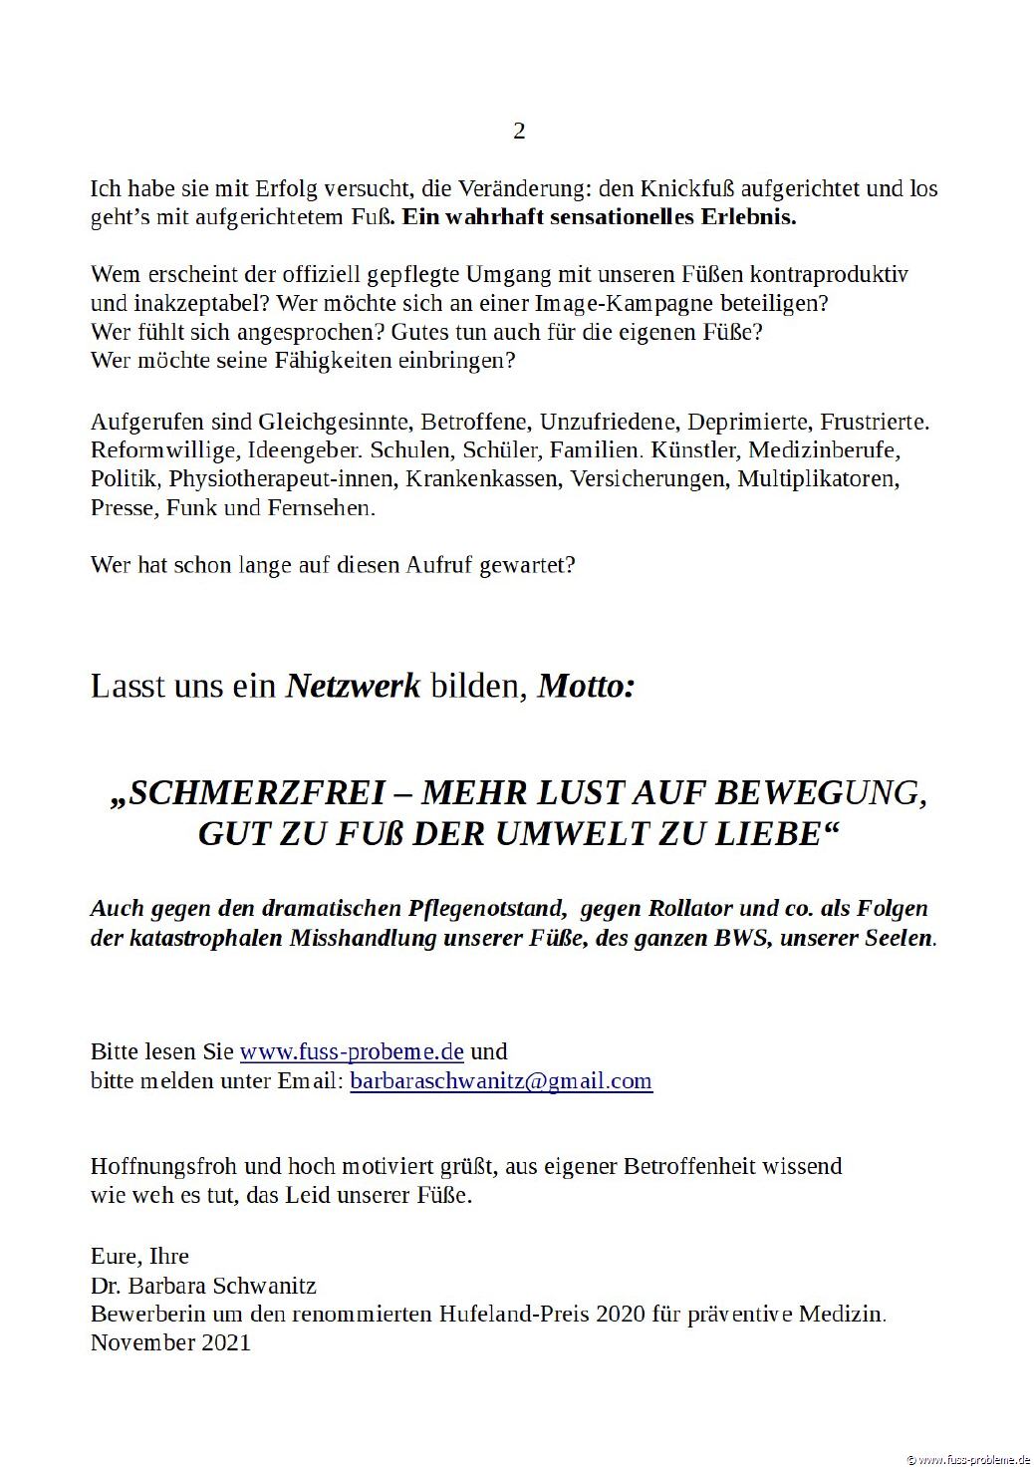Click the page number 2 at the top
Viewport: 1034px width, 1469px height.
click(x=518, y=132)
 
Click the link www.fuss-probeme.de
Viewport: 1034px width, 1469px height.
click(x=353, y=1051)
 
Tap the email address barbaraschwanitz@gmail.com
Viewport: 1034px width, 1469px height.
click(x=501, y=1081)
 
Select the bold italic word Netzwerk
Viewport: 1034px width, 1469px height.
click(x=354, y=686)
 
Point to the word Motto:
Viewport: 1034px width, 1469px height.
click(x=586, y=686)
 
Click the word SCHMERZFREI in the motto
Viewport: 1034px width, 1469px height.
click(x=257, y=793)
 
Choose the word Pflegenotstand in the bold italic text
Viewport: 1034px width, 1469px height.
click(x=487, y=909)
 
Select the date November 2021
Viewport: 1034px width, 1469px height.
click(x=170, y=1343)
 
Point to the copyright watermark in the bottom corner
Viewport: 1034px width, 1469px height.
click(x=965, y=1459)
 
